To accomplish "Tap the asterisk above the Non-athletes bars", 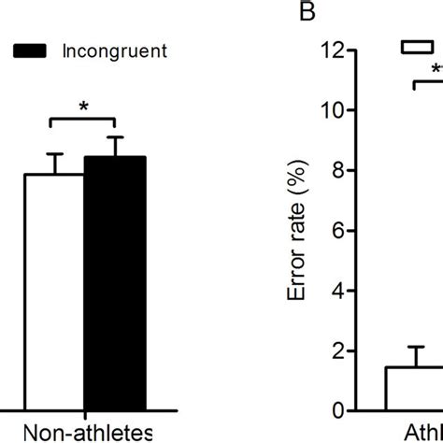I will (x=83, y=107).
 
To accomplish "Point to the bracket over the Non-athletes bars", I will (x=82, y=120).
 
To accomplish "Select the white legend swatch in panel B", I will (x=417, y=47).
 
